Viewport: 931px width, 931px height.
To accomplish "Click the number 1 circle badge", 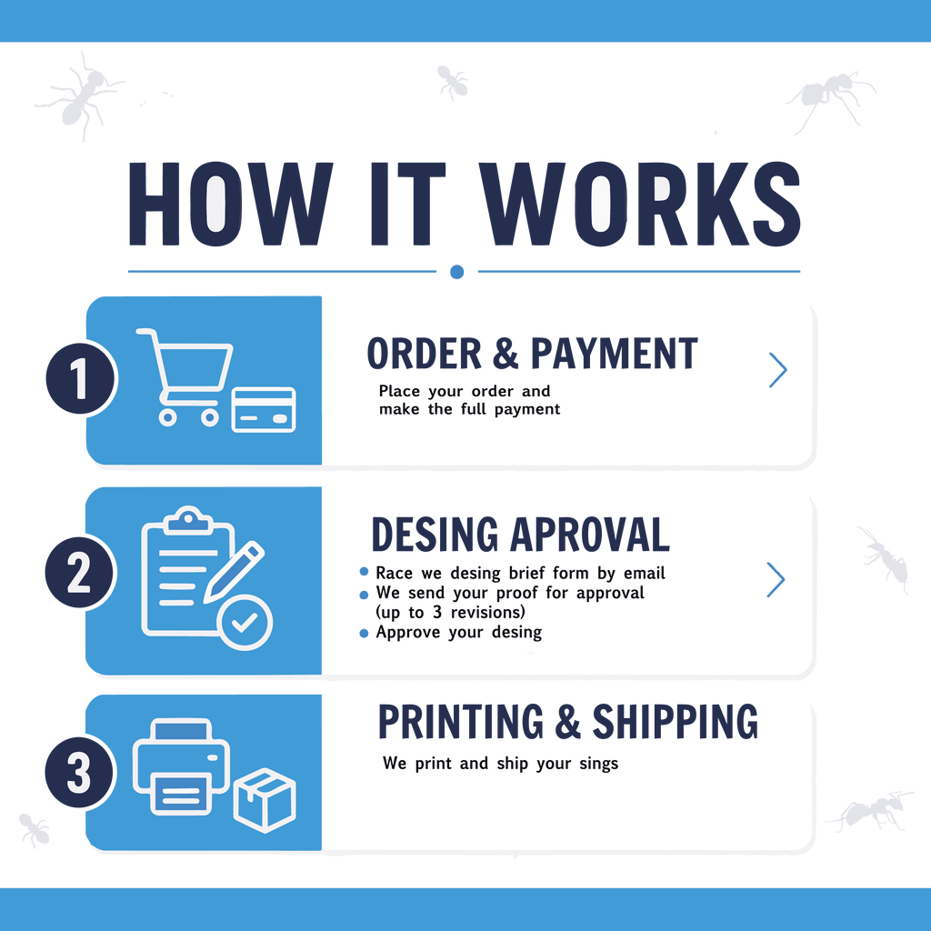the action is tap(81, 378).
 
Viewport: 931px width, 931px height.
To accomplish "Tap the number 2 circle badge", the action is tap(80, 572).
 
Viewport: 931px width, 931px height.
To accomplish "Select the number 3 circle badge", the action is tap(80, 772).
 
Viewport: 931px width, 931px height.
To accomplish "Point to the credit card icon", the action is tap(263, 410).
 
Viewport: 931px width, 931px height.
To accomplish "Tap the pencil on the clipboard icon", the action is tap(234, 571).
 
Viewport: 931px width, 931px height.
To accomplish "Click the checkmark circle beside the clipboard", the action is tap(245, 622).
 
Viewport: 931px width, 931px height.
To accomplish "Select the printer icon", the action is tap(181, 766).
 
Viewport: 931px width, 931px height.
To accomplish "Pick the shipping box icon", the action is tap(265, 800).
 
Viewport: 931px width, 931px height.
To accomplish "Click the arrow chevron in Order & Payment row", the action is tap(778, 370).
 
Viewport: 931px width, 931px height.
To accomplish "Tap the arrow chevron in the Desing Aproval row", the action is tap(776, 579).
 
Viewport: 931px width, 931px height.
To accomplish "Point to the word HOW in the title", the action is tap(230, 204).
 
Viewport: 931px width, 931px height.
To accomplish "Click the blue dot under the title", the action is tap(456, 272).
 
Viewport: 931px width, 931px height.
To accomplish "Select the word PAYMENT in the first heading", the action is tap(614, 354).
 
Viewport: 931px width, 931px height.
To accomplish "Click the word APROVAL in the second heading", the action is tap(590, 534).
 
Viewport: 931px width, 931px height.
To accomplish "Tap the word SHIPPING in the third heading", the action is tap(676, 721).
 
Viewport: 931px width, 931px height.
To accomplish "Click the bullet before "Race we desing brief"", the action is tap(364, 572).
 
